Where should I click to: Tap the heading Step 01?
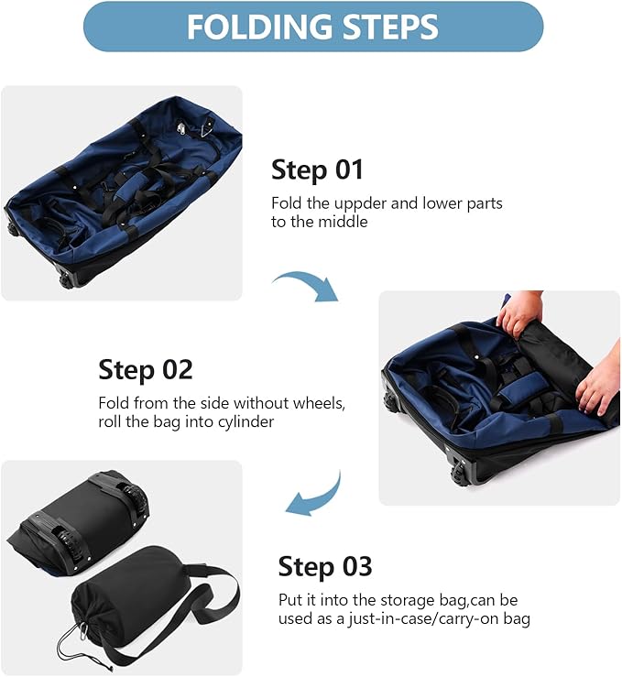click(x=317, y=169)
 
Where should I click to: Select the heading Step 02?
click(x=146, y=370)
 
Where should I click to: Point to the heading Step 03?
click(x=325, y=566)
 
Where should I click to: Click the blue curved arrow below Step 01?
click(x=306, y=284)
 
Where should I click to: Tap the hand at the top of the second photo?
click(x=518, y=312)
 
